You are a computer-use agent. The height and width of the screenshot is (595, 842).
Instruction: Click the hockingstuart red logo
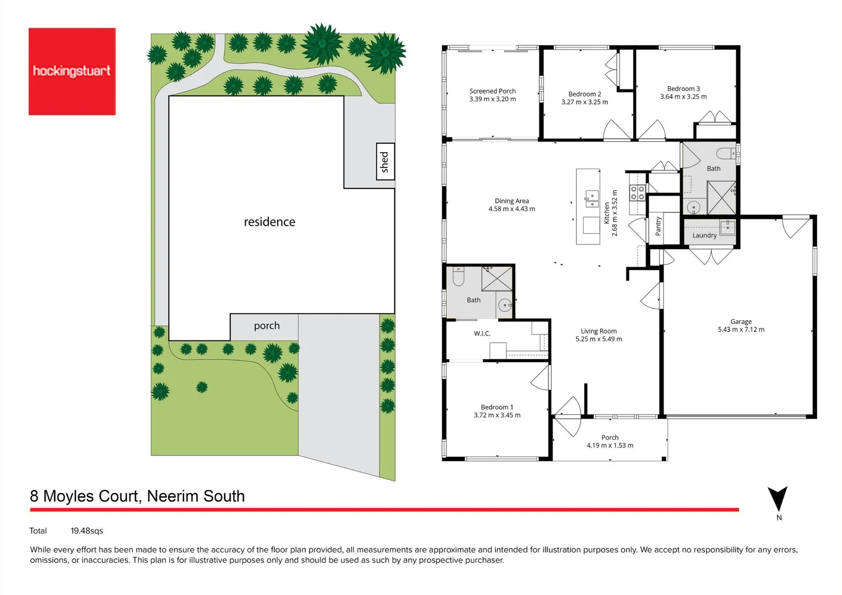[x=72, y=72]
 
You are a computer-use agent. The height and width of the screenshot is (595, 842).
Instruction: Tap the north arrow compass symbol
[x=778, y=499]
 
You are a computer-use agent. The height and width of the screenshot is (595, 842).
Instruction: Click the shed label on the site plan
[x=385, y=162]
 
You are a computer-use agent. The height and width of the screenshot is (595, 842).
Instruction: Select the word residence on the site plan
[x=269, y=222]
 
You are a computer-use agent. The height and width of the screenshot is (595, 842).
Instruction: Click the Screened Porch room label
[x=493, y=91]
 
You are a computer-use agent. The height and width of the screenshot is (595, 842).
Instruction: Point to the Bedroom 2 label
[x=585, y=94]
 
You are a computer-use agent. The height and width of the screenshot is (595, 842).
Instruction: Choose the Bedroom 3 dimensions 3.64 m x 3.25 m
[x=683, y=97]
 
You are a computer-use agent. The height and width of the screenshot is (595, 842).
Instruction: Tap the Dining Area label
[x=511, y=201]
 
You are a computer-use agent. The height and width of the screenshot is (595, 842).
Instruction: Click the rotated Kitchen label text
[x=607, y=213]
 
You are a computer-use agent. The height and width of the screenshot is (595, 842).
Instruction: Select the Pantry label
[x=658, y=226]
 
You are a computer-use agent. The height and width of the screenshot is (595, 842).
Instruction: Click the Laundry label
[x=704, y=235]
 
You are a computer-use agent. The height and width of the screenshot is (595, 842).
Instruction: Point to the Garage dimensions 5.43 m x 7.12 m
[x=741, y=330]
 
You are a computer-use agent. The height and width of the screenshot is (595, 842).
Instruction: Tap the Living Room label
[x=598, y=331]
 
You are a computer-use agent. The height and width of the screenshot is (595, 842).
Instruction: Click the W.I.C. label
[x=482, y=334]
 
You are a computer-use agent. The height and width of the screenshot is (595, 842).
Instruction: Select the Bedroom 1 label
[x=496, y=407]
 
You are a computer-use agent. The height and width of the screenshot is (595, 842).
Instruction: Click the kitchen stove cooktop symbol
[x=638, y=193]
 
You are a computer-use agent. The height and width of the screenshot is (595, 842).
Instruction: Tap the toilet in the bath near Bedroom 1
[x=458, y=277]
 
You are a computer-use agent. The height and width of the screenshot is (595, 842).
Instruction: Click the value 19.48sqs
[x=87, y=531]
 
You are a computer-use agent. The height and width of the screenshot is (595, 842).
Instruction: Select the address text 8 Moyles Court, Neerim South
[x=137, y=496]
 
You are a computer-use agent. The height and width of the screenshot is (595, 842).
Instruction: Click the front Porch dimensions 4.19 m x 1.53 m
[x=609, y=446]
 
